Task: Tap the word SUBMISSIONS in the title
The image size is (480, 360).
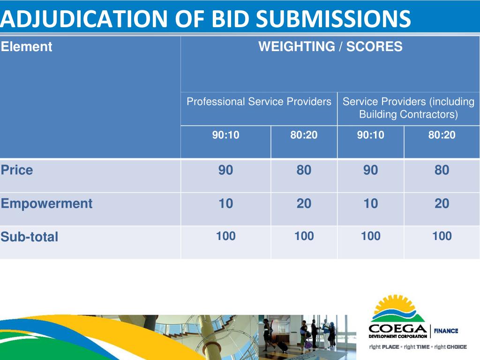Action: coord(333,19)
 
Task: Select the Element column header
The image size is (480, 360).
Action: coord(26,46)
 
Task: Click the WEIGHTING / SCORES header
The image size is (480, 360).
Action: coord(330,46)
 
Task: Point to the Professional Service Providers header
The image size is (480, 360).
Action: coord(259,101)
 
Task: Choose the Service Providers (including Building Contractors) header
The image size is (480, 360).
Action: coord(408,108)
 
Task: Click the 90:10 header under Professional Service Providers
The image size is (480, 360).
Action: coord(225,135)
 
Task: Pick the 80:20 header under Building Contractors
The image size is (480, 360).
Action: coord(442,135)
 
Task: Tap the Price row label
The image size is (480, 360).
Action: coord(17,170)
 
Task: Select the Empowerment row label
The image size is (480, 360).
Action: coord(46,203)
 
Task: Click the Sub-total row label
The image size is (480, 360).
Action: coord(30,237)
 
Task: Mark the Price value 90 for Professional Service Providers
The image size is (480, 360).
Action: coord(225,170)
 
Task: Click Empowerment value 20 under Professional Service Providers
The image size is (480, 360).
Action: coord(304,203)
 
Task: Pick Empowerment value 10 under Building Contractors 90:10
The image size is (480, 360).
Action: coord(370,203)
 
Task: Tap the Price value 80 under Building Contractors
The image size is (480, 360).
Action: coord(442,170)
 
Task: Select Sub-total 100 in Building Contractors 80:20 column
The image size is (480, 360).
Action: coord(442,236)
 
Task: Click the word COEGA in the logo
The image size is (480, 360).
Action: coord(397,329)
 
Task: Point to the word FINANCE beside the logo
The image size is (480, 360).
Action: coord(446,331)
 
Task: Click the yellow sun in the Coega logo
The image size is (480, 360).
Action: coord(394,304)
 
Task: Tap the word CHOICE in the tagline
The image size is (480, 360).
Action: coord(457,347)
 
